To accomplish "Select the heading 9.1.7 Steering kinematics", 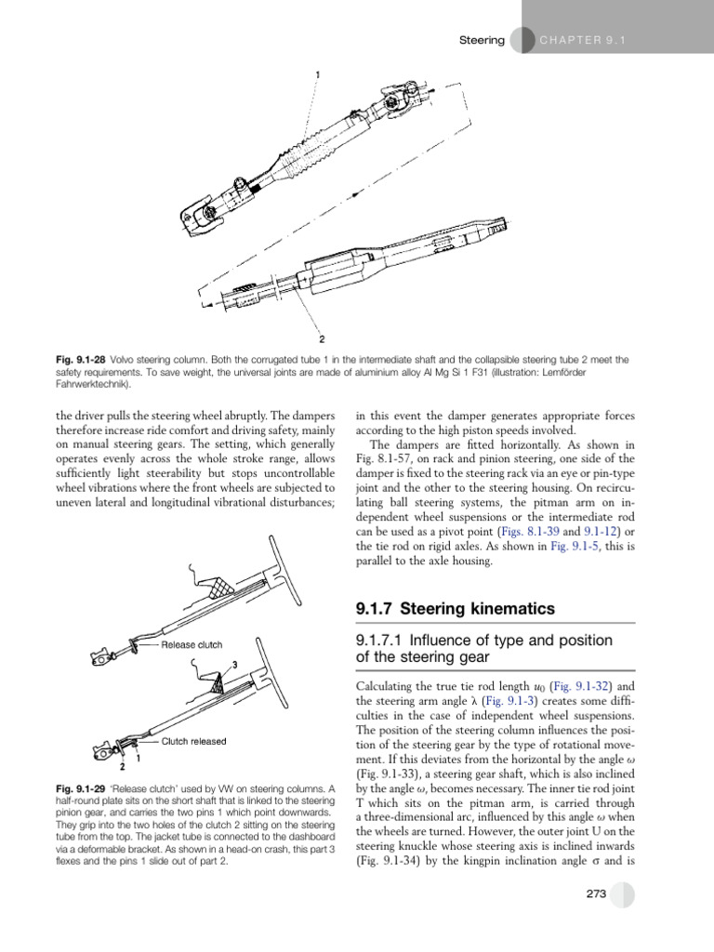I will click(x=455, y=609).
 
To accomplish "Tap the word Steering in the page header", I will click(x=483, y=40).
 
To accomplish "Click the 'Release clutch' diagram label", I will click(x=192, y=644).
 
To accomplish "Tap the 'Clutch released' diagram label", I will click(x=193, y=742).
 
